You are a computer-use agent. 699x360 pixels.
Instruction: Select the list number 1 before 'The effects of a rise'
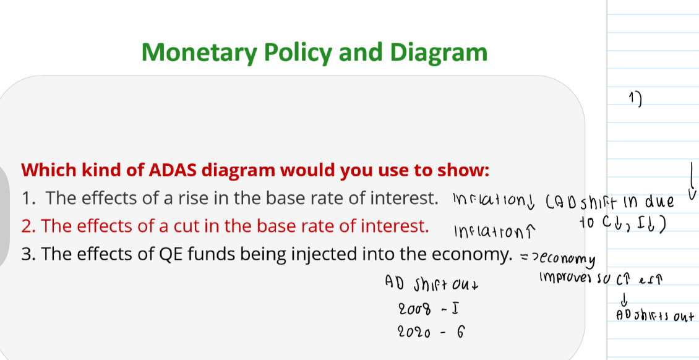pyautogui.click(x=27, y=199)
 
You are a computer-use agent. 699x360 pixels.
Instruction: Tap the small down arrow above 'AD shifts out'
pyautogui.click(x=624, y=300)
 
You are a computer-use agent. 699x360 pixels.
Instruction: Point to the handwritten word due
pyautogui.click(x=658, y=202)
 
